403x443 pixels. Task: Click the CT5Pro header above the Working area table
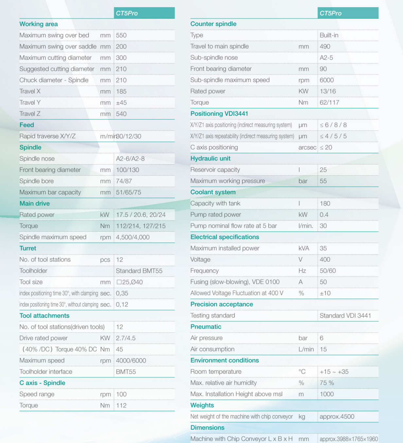(x=127, y=13)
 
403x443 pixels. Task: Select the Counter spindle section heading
(x=213, y=24)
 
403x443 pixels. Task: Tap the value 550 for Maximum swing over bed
(x=121, y=35)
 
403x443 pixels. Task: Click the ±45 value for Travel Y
(x=121, y=103)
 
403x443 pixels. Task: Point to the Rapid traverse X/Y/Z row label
(x=47, y=136)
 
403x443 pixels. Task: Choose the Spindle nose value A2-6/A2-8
(x=130, y=159)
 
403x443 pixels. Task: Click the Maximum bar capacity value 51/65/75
(x=129, y=192)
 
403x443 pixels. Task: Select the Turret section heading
(x=28, y=248)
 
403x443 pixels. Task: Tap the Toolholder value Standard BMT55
(x=139, y=271)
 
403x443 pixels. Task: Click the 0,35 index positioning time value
(x=122, y=293)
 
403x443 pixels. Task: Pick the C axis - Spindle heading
(x=42, y=383)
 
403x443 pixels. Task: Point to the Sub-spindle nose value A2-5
(x=326, y=58)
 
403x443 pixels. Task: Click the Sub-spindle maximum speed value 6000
(x=326, y=80)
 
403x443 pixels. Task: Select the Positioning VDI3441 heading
(x=219, y=114)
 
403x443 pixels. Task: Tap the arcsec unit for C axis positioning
(x=307, y=148)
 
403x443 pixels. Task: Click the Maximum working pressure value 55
(x=323, y=181)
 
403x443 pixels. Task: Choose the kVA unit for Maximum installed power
(x=304, y=248)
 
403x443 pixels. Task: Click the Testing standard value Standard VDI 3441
(x=345, y=316)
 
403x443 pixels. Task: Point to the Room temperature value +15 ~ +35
(x=334, y=372)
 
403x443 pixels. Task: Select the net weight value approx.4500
(x=337, y=416)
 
